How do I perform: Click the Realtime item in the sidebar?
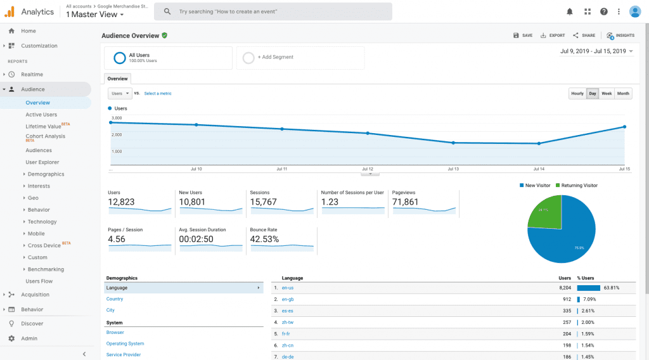pyautogui.click(x=32, y=74)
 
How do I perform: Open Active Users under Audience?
pyautogui.click(x=41, y=115)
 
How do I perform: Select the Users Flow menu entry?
pyautogui.click(x=39, y=281)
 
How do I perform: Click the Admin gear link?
pyautogui.click(x=29, y=338)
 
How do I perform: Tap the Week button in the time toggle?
pyautogui.click(x=607, y=94)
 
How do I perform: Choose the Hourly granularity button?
pyautogui.click(x=577, y=94)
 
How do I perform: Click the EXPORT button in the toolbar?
pyautogui.click(x=553, y=35)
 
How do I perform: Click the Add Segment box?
pyautogui.click(x=300, y=57)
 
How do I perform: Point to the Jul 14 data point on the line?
pyautogui.click(x=539, y=143)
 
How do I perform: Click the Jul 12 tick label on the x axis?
pyautogui.click(x=368, y=169)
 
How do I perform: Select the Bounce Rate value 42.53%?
pyautogui.click(x=265, y=239)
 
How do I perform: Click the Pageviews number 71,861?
pyautogui.click(x=406, y=202)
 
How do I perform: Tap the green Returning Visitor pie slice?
pyautogui.click(x=545, y=212)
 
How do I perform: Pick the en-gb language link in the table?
pyautogui.click(x=287, y=299)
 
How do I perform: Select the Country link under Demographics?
pyautogui.click(x=115, y=299)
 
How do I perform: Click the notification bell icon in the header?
pyautogui.click(x=570, y=11)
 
